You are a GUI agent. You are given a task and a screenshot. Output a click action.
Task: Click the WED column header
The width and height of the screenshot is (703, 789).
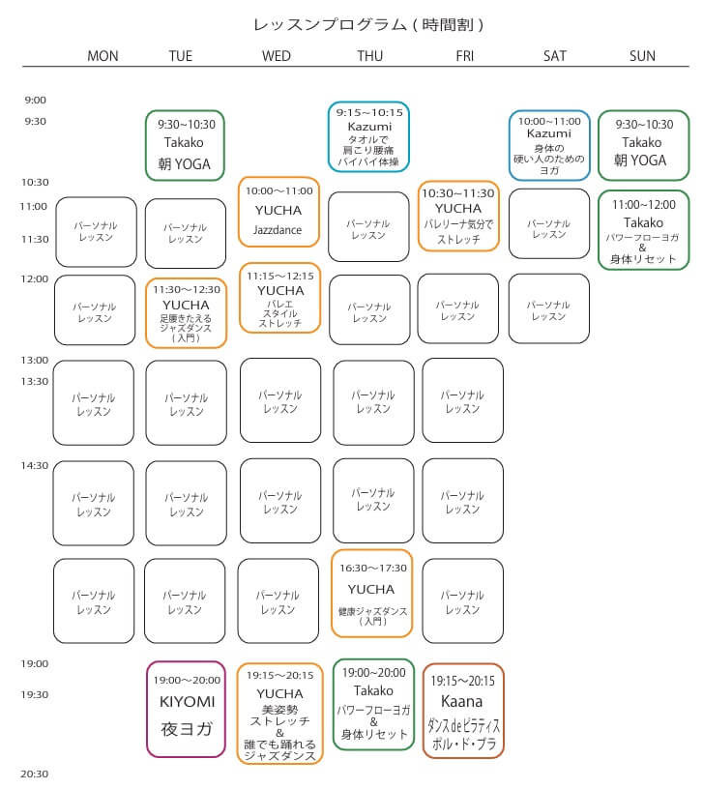(277, 56)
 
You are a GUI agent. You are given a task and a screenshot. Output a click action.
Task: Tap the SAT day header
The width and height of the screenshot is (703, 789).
(555, 56)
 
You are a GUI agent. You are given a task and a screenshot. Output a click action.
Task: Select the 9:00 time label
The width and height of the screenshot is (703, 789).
(36, 100)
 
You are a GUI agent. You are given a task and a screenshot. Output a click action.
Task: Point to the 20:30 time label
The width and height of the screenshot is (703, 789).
(36, 774)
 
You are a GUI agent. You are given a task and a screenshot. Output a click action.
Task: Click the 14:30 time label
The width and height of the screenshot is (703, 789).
(36, 465)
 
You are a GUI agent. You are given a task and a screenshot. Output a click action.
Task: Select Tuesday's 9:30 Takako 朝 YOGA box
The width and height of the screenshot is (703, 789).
(186, 144)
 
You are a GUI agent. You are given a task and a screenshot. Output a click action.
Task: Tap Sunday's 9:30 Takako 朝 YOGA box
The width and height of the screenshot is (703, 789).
(643, 144)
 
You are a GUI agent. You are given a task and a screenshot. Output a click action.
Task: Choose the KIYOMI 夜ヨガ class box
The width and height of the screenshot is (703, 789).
(186, 709)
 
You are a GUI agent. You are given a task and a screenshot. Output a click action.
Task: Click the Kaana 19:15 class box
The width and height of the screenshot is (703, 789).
(463, 710)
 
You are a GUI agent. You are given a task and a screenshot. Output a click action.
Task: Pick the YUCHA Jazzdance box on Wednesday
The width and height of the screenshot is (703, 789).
(278, 212)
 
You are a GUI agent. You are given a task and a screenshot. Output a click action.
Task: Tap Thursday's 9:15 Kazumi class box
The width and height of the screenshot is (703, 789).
(368, 136)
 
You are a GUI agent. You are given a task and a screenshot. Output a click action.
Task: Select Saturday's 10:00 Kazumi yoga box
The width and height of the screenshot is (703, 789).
(549, 145)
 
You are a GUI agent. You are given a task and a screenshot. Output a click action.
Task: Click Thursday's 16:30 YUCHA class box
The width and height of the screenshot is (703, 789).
(371, 593)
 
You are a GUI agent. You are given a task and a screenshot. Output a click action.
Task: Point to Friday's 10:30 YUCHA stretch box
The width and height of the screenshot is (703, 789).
(458, 216)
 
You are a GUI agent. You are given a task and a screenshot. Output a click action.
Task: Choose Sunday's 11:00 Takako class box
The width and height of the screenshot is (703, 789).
(643, 229)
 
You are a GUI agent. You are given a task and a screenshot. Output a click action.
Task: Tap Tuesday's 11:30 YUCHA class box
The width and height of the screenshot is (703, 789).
(186, 312)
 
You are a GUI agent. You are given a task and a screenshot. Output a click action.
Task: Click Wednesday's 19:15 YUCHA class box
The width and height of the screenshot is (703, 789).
(279, 713)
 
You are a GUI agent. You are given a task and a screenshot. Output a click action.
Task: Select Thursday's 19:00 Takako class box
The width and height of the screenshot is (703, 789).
(373, 704)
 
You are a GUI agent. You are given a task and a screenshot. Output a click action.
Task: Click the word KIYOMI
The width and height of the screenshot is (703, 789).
(186, 701)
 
